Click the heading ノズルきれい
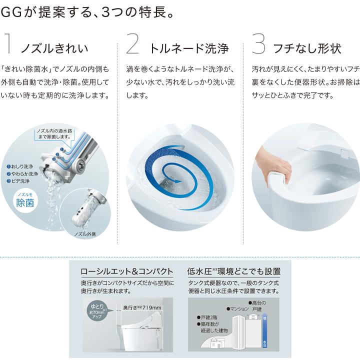click(x=54, y=48)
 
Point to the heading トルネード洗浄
click(x=189, y=48)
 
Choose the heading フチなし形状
click(x=307, y=48)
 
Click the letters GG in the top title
click(x=10, y=11)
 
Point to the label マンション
click(x=238, y=308)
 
